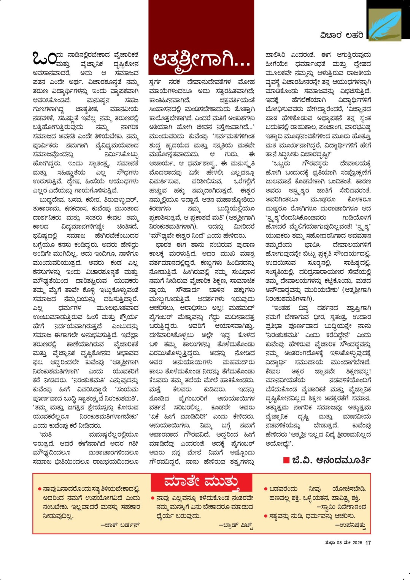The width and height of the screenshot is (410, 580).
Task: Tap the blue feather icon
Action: [x=385, y=25]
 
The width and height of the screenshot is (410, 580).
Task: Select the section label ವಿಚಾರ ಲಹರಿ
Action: [x=341, y=35]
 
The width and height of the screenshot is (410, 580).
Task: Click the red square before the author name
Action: [x=286, y=460]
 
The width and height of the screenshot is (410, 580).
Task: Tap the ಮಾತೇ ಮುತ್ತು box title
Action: [x=201, y=482]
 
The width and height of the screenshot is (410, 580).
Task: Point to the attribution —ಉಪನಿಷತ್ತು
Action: [x=350, y=525]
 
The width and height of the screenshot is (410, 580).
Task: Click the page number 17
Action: [x=368, y=543]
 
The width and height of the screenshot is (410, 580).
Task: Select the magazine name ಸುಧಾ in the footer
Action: [x=330, y=543]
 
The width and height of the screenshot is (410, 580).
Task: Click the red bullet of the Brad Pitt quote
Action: [x=153, y=498]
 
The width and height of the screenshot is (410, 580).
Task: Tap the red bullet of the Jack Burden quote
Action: [x=40, y=489]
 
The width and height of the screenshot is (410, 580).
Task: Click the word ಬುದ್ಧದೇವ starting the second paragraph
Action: [x=50, y=200]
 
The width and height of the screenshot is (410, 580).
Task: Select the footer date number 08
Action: [x=339, y=543]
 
